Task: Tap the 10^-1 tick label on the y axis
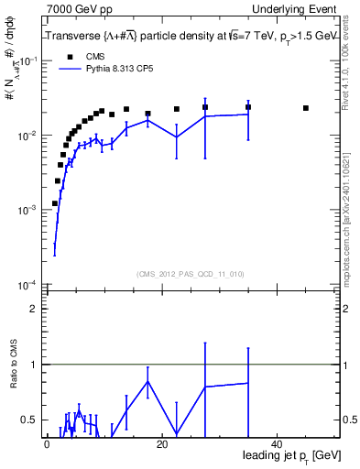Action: pos(28,61)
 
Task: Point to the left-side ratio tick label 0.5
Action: pos(28,420)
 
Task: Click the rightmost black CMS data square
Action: pos(306,108)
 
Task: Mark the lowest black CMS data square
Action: pos(55,203)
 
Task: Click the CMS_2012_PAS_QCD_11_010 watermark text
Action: pos(191,273)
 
